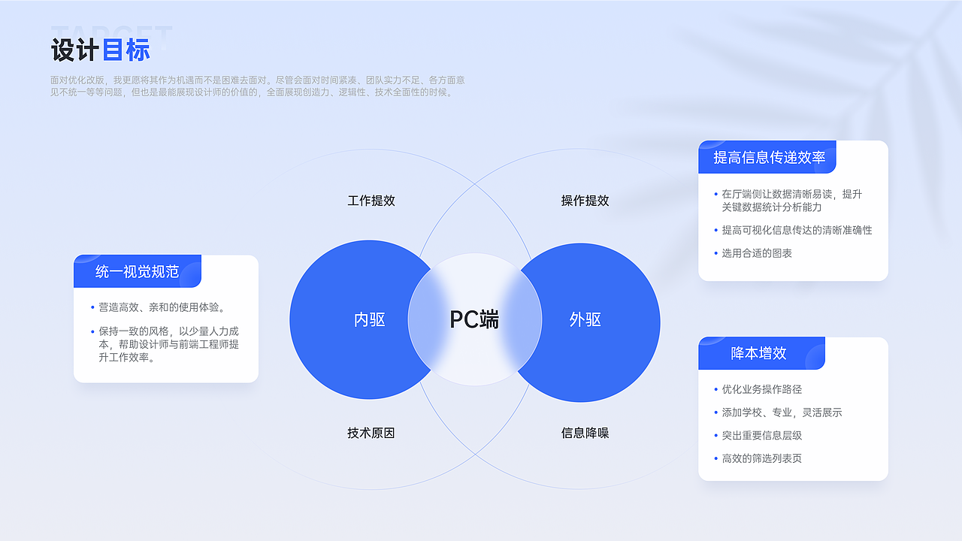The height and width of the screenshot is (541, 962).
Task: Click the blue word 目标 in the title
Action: point(126,50)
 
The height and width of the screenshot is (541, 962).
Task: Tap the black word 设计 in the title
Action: point(75,50)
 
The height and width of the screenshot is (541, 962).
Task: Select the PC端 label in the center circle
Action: point(474,319)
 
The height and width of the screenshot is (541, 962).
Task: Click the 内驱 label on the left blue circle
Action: point(369,319)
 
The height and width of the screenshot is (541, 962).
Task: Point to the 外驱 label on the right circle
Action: point(585,319)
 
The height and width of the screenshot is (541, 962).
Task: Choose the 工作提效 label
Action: point(371,201)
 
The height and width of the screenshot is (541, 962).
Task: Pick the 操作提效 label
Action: point(585,201)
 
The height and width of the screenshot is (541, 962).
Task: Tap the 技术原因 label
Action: point(371,433)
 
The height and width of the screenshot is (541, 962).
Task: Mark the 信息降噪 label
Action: point(585,433)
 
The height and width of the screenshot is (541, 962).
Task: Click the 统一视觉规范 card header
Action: point(138,271)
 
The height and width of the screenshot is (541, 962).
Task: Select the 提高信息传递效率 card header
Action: point(767,157)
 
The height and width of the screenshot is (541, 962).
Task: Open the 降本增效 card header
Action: point(761,353)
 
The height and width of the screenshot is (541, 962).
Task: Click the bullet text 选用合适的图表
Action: point(757,253)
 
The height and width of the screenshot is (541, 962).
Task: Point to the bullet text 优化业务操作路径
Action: point(762,389)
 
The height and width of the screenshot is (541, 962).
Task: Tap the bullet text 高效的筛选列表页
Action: point(762,458)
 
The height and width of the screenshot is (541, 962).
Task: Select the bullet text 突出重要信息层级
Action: point(762,435)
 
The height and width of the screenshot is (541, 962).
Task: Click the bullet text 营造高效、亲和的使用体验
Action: point(162,307)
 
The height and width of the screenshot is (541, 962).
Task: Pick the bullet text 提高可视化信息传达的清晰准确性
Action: point(797,230)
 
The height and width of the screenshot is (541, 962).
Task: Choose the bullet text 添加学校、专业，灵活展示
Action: point(782,413)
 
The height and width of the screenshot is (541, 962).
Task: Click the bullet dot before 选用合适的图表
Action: point(716,253)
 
